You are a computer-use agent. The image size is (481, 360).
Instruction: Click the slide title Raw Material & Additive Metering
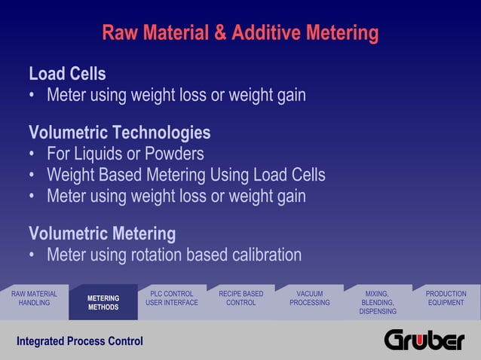coord(240,34)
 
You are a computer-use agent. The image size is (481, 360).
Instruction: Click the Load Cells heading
coord(67,74)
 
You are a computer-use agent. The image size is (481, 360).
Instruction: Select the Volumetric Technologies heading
coord(119,133)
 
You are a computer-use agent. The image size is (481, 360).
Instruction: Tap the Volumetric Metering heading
coord(102,233)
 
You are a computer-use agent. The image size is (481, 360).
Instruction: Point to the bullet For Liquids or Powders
coord(125,154)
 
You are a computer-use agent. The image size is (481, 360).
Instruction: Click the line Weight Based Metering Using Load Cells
coord(185,175)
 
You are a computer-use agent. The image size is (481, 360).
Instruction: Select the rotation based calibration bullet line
coord(173,255)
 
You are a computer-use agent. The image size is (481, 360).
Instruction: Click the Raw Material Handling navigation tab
coord(34,298)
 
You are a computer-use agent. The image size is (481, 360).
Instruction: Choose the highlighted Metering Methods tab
coord(103,303)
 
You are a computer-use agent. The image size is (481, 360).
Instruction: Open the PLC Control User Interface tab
coord(172,298)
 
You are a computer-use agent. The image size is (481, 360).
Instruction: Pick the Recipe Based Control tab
coord(240,298)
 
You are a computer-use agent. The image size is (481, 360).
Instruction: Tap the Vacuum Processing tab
coord(309,298)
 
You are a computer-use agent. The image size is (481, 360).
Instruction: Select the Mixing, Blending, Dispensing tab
coord(377,302)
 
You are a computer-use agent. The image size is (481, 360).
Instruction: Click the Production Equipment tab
coord(446,298)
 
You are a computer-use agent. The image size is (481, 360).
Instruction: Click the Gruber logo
coord(424,340)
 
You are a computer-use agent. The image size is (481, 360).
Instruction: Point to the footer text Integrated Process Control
coord(79,341)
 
